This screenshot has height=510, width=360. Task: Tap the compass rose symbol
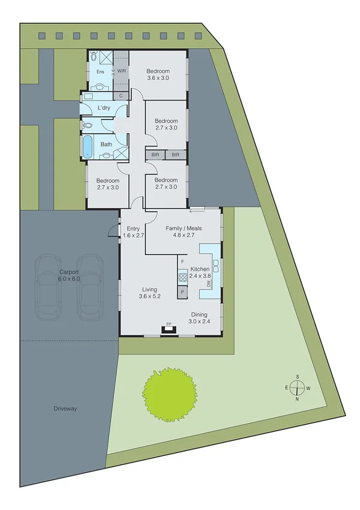[297, 387]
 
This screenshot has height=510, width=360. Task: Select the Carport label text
[69, 275]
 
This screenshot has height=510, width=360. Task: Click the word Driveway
[64, 409]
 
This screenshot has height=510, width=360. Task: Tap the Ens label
[100, 72]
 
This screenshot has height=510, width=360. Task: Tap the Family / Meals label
[183, 232]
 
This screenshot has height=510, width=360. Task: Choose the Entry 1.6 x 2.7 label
[133, 232]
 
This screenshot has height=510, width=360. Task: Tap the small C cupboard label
[121, 96]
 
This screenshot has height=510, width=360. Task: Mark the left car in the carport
[48, 287]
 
